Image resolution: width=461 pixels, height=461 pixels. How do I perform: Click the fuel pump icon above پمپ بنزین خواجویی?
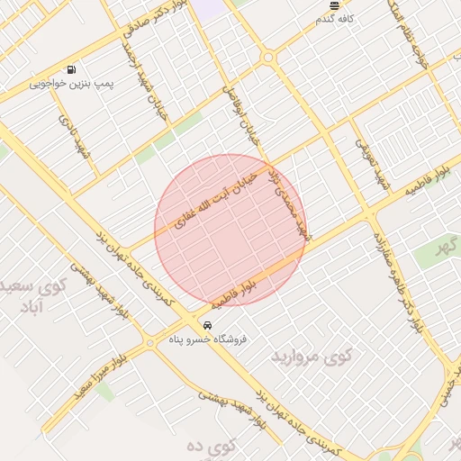(x=71, y=69)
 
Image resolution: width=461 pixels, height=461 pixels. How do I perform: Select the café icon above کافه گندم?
(x=334, y=5)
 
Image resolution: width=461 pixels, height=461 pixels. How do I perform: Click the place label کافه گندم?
(x=335, y=18)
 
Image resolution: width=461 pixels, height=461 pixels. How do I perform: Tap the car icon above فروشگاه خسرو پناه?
(x=208, y=325)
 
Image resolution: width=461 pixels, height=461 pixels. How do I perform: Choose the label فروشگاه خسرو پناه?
(x=208, y=339)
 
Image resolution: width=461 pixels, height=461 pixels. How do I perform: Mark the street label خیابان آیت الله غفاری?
(x=216, y=194)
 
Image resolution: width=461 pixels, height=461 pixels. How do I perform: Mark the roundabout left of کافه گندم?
(x=267, y=58)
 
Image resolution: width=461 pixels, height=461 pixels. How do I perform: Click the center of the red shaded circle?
(x=230, y=230)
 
